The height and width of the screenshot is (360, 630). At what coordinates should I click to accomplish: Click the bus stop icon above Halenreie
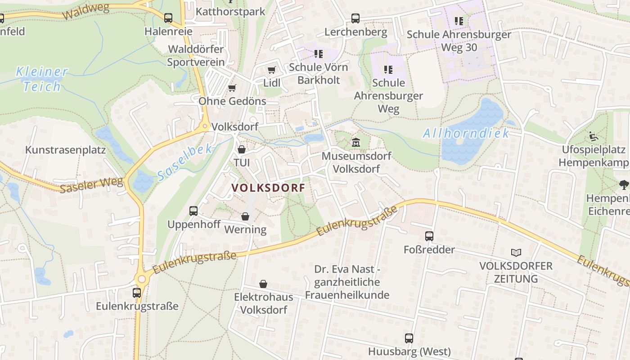[x=168, y=18]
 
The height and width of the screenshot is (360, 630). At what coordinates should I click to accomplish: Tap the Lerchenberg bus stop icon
[x=355, y=18]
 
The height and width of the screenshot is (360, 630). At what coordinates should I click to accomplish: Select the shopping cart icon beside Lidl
[x=271, y=70]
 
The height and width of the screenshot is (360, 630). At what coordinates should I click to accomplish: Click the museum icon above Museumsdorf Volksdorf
[x=355, y=142]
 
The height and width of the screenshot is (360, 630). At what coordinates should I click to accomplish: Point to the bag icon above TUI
[x=242, y=149]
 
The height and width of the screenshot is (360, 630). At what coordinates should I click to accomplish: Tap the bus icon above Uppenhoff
[x=193, y=211]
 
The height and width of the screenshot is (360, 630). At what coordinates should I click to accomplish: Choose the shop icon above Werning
[x=245, y=216]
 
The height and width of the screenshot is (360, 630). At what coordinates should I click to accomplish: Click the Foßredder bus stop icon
[x=429, y=236]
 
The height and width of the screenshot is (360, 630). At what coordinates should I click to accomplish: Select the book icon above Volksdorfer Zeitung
[x=516, y=253]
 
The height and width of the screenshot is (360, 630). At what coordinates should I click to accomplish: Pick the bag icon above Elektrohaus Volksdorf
[x=263, y=284]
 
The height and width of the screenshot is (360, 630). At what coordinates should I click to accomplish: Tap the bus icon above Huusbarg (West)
[x=409, y=338]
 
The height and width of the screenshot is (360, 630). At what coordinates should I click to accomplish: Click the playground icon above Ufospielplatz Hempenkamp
[x=594, y=136]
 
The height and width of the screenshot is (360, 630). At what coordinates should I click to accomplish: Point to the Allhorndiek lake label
[x=466, y=133]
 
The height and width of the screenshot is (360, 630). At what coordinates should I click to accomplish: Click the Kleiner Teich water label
[x=42, y=79]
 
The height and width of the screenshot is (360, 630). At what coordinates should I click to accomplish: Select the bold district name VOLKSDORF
[x=269, y=188]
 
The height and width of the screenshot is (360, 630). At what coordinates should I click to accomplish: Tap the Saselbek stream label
[x=184, y=162]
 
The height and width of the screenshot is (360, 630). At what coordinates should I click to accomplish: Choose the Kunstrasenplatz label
[x=65, y=150]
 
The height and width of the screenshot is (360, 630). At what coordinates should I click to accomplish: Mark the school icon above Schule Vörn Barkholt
[x=319, y=54]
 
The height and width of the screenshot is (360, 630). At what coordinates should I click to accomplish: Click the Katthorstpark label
[x=230, y=12]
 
